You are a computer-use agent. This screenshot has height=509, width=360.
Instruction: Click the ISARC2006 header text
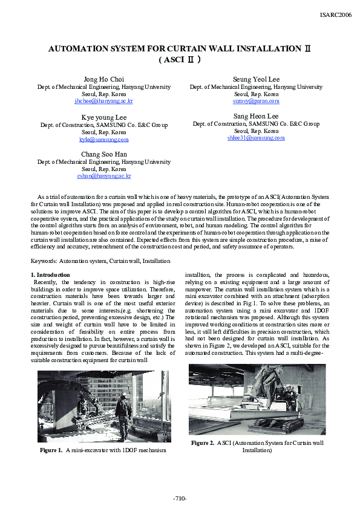pos(335,15)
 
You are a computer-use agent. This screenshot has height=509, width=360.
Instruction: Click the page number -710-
pos(180,498)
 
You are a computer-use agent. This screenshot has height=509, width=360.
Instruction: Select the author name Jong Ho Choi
pos(104,79)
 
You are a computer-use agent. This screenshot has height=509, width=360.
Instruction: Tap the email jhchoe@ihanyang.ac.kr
pos(104,101)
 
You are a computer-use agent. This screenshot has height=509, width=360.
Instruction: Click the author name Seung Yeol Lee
pos(256,79)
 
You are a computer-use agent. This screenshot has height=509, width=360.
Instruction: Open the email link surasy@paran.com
pos(256,101)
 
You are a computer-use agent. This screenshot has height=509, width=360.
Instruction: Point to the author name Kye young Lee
pos(104,117)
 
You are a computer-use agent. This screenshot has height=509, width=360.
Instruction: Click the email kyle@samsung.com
pos(104,139)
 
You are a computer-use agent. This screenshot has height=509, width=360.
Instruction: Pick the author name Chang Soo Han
pos(104,154)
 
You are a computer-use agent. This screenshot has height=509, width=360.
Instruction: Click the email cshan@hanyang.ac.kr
pos(104,176)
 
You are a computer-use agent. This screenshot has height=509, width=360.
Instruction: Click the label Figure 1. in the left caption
pos(51,450)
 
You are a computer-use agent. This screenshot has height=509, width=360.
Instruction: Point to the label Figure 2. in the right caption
pos(203,443)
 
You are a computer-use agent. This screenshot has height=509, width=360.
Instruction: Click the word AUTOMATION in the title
pos(80,48)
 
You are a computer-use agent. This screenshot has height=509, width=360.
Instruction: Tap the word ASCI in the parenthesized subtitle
pos(175,60)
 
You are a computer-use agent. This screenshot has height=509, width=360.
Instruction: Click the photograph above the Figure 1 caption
pos(103,406)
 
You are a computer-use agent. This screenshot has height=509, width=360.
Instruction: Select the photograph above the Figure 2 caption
pos(257,399)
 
